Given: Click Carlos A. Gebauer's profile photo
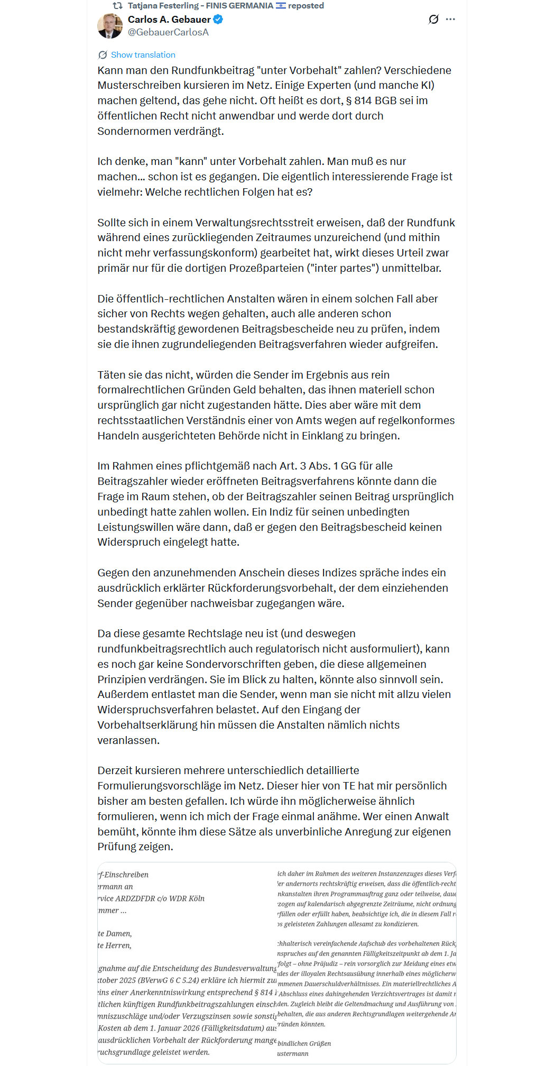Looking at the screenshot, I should [x=110, y=26].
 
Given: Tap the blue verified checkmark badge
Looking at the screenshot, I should [x=218, y=20].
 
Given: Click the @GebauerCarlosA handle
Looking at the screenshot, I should [x=168, y=32].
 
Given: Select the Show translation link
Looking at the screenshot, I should [x=143, y=55].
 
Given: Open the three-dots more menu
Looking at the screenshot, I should [x=450, y=20].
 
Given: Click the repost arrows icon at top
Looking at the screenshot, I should [x=118, y=6].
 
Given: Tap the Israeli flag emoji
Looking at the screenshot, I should [x=281, y=6].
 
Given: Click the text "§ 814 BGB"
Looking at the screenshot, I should [x=374, y=100].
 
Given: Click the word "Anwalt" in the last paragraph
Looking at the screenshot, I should [x=431, y=816].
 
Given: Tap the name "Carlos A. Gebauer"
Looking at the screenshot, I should [x=169, y=20].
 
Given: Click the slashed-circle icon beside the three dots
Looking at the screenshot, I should [x=433, y=20].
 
